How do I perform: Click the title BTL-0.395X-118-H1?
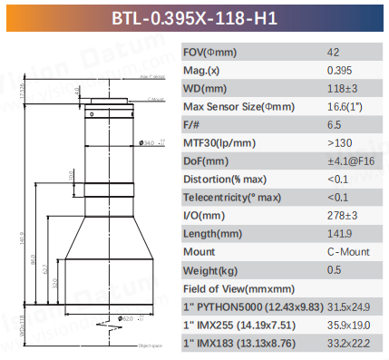pyautogui.click(x=194, y=17)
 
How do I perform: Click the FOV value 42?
pyautogui.click(x=333, y=52)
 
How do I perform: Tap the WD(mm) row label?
pyautogui.click(x=205, y=88)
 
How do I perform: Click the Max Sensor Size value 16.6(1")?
pyautogui.click(x=345, y=106)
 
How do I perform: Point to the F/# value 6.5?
pyautogui.click(x=333, y=124)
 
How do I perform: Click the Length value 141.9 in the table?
pyautogui.click(x=338, y=233)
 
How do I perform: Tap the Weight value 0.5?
pyautogui.click(x=333, y=269)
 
